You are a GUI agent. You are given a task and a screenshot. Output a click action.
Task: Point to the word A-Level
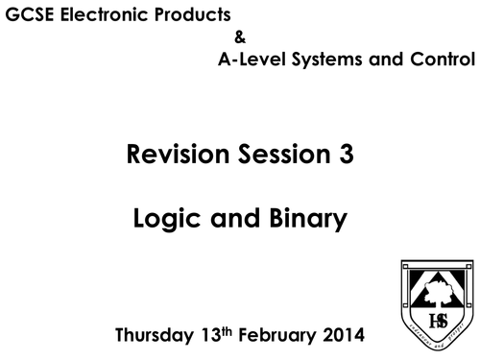[x=248, y=60]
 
